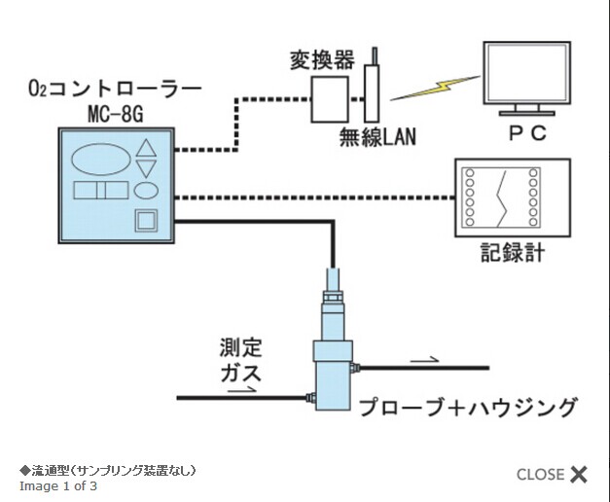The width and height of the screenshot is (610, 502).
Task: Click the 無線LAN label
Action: [x=378, y=136]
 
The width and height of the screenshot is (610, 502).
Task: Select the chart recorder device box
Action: [x=503, y=196]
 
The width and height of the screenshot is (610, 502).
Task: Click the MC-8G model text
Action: [x=115, y=115]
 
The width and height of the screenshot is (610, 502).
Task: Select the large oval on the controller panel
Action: [x=100, y=159]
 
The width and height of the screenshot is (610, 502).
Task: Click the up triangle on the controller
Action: [x=147, y=149]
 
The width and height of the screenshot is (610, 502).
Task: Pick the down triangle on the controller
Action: [x=147, y=168]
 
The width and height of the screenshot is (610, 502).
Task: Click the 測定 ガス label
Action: [x=240, y=359]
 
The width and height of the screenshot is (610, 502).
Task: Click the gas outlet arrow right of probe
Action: [x=424, y=359]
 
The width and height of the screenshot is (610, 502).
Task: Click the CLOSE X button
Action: [x=552, y=475]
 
